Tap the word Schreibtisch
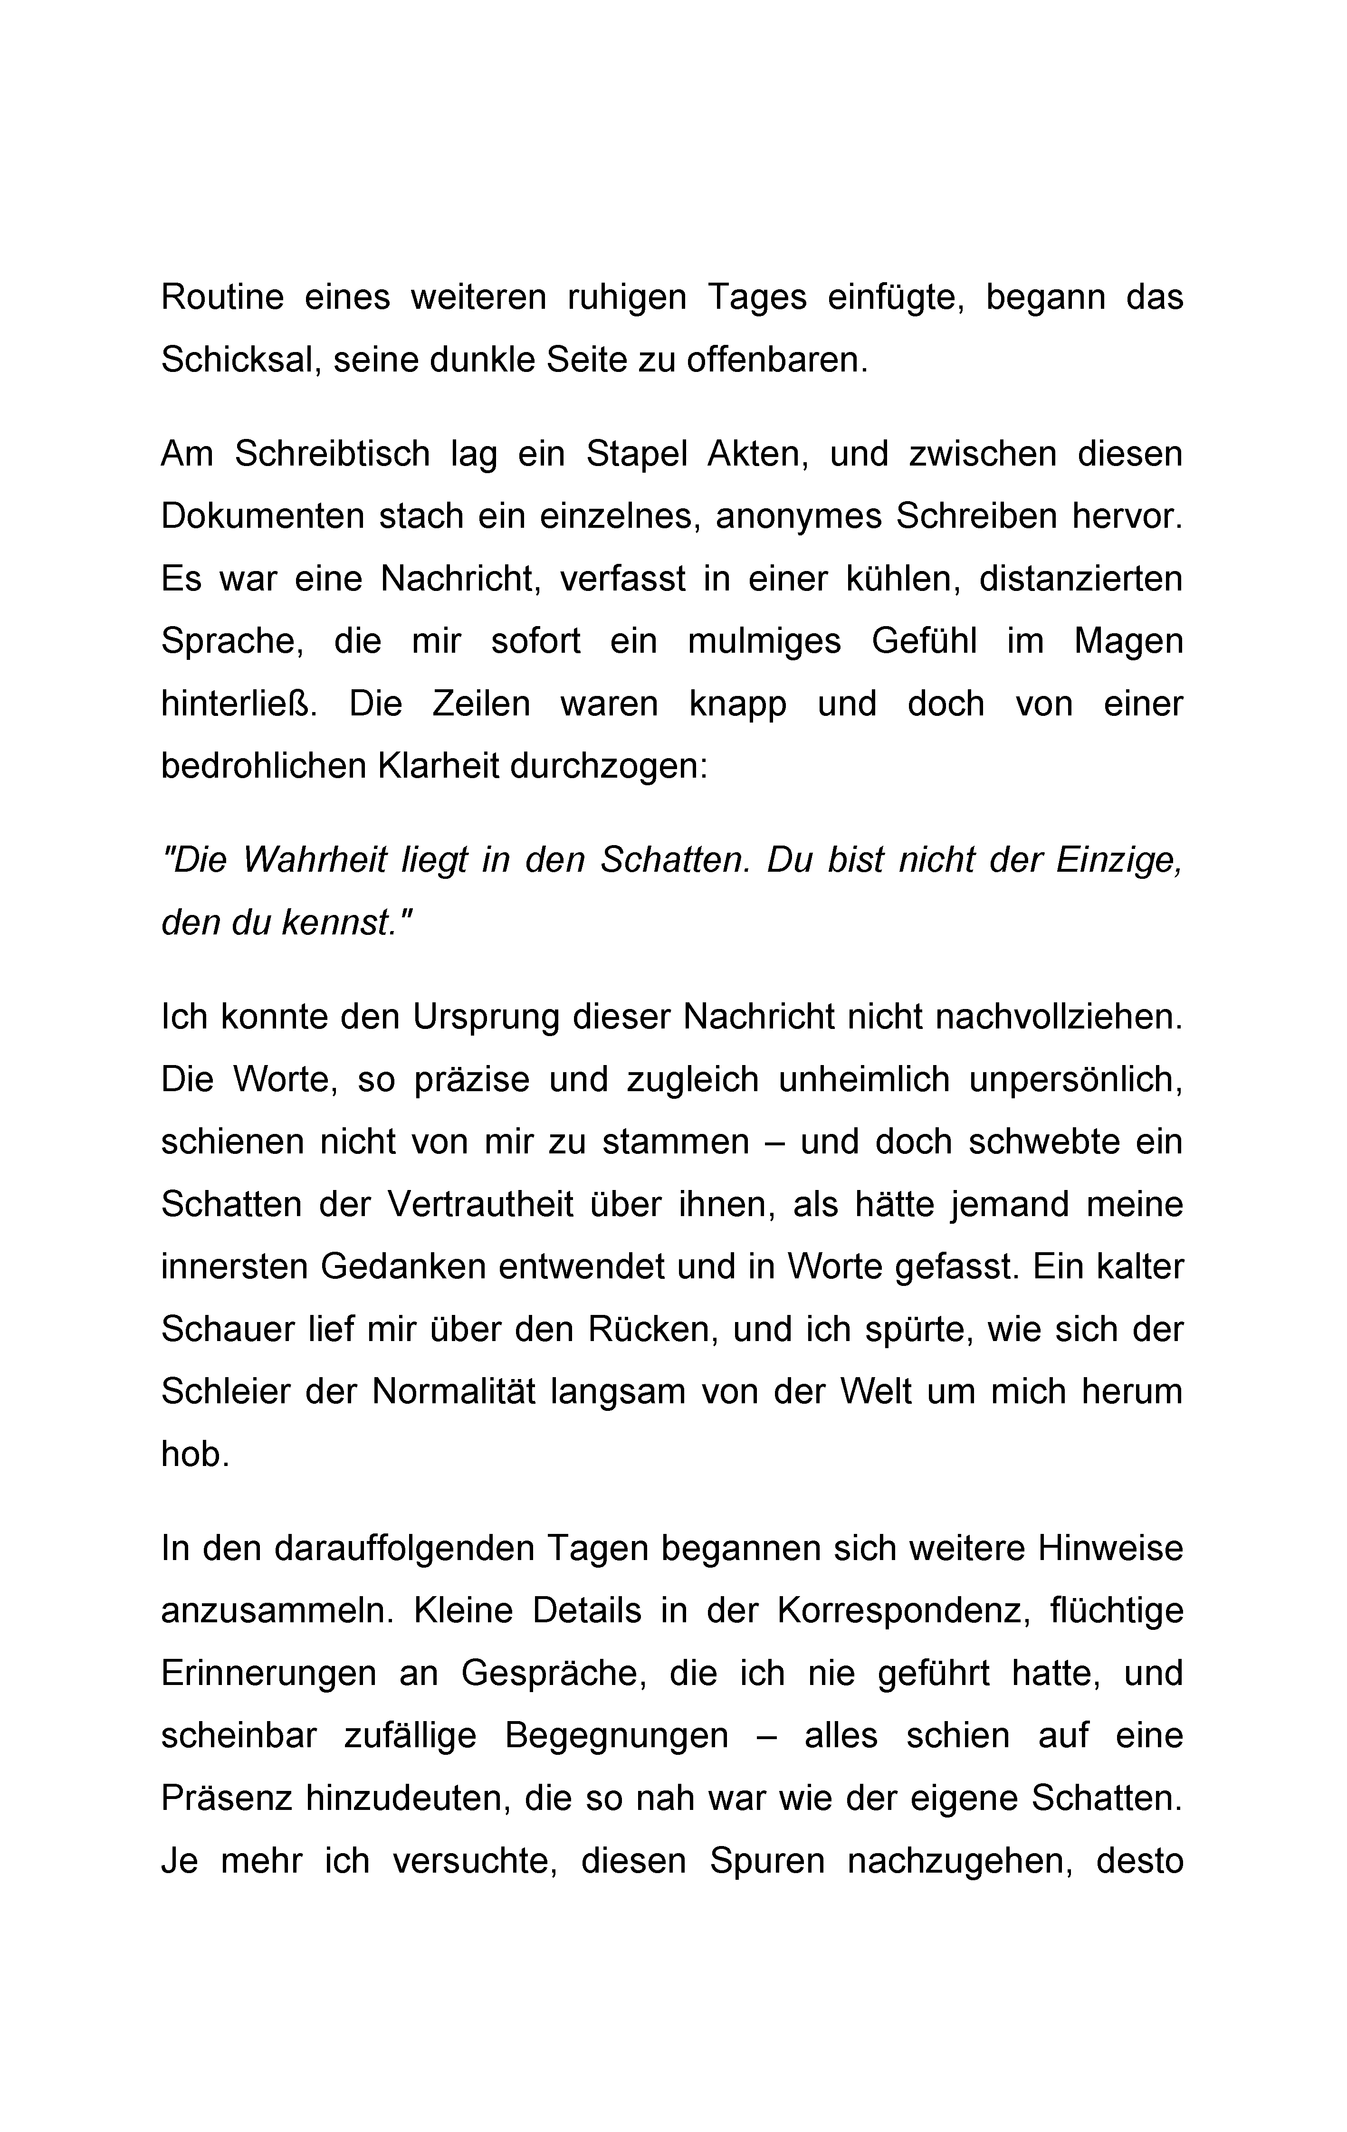[x=332, y=454]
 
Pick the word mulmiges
[x=764, y=641]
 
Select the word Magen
[x=1128, y=641]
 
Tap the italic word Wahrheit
[x=315, y=861]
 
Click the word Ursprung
[x=486, y=1017]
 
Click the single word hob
[x=195, y=1455]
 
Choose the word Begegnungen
[x=616, y=1736]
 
